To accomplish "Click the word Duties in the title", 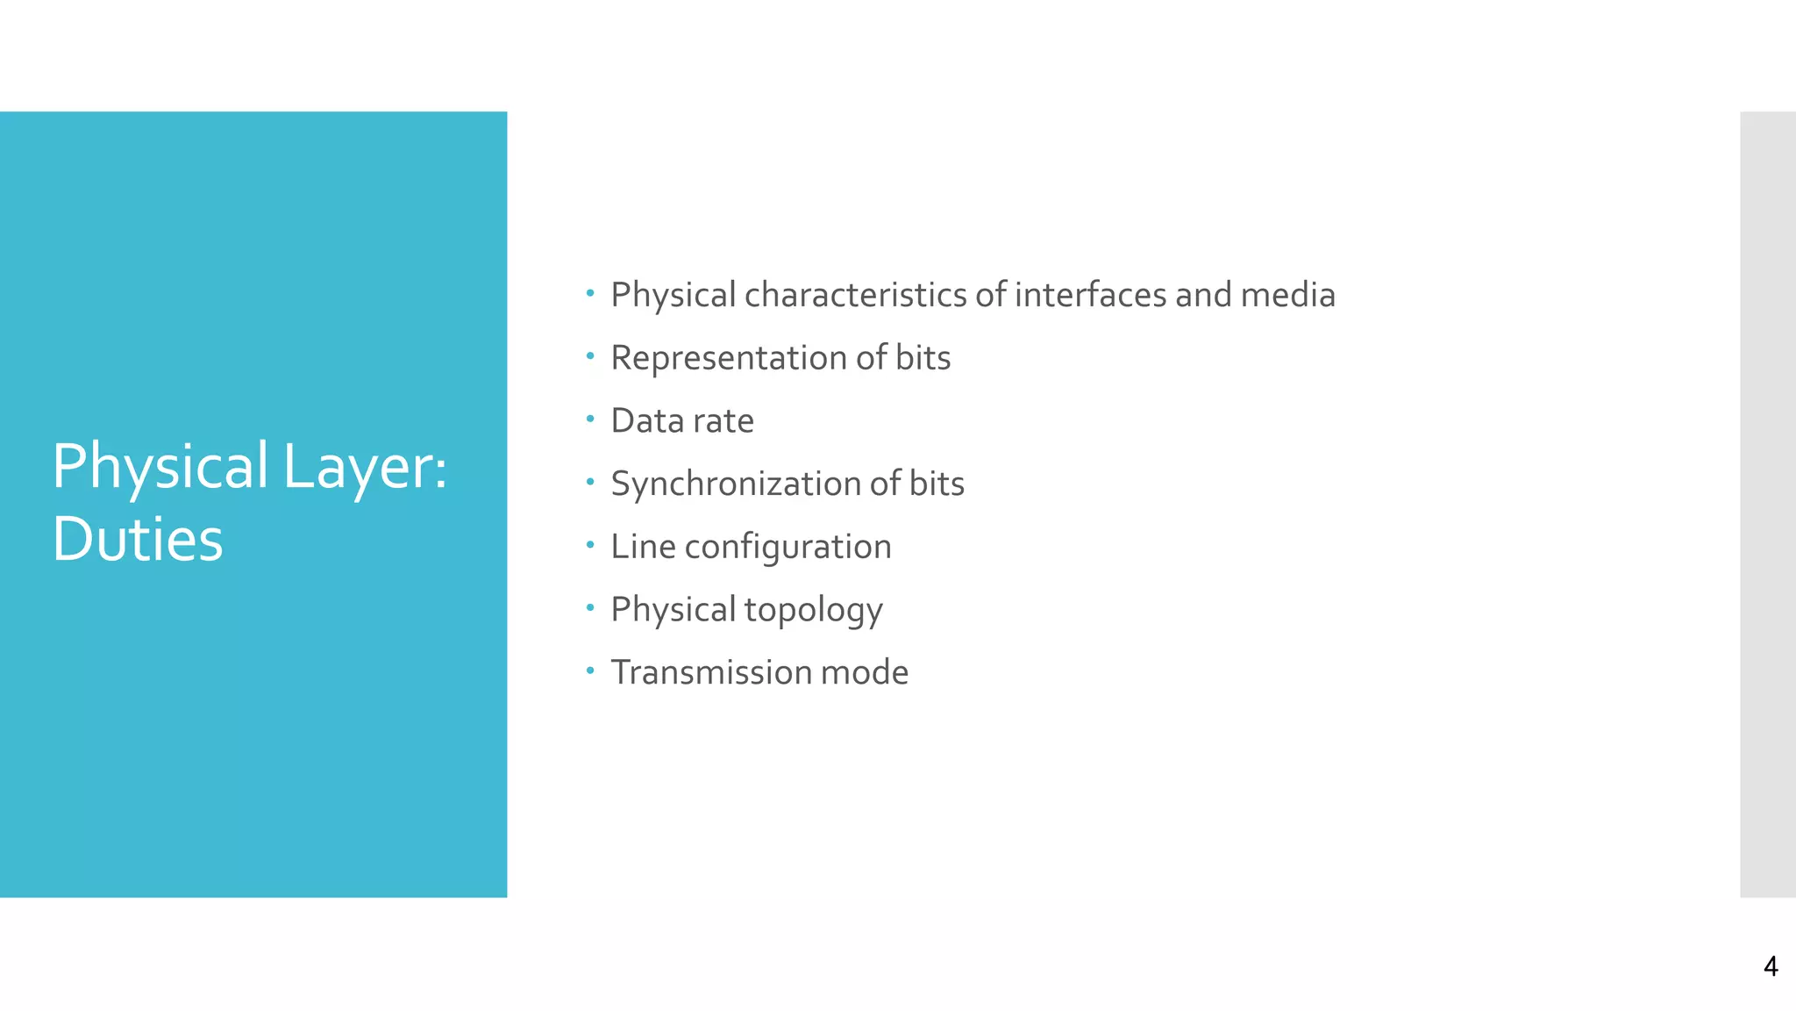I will (x=138, y=539).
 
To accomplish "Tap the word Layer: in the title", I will (x=365, y=466).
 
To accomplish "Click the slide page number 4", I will (x=1770, y=966).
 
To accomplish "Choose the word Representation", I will (x=729, y=358).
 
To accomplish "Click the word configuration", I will (x=788, y=548).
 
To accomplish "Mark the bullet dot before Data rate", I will (x=590, y=419).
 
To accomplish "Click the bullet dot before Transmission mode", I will (x=590, y=671).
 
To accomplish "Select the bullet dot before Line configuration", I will (x=590, y=545).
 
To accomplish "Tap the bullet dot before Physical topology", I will (x=590, y=608).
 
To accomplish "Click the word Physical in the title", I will (x=160, y=466).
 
